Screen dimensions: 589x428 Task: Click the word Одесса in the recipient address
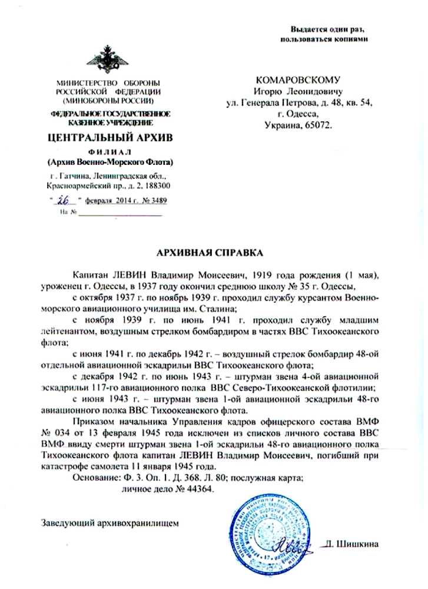click(x=304, y=114)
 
